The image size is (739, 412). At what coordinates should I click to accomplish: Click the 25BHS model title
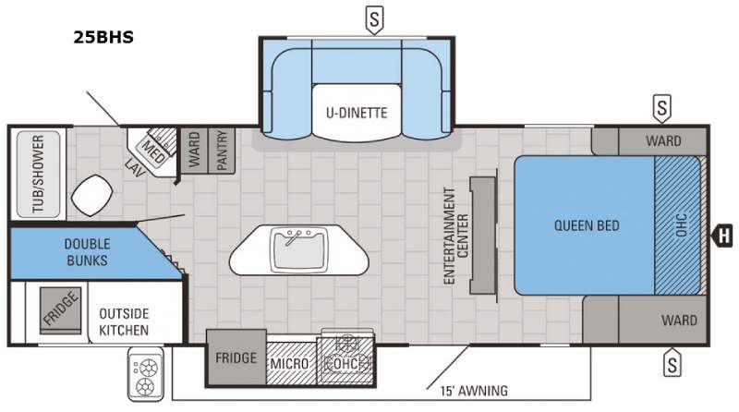click(x=103, y=37)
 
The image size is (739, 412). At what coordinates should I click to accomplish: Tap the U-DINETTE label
click(x=357, y=113)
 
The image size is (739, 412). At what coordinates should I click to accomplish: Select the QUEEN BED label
click(x=587, y=225)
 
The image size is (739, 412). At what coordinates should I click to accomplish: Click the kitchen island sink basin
click(x=298, y=249)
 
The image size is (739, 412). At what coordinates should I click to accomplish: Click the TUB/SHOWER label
click(x=38, y=174)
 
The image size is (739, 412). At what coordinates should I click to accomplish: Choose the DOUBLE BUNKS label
click(x=87, y=252)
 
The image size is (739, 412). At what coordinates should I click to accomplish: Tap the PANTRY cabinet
click(x=222, y=151)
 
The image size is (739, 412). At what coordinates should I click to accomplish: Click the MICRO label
click(x=289, y=364)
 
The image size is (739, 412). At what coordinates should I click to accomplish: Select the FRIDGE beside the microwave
click(x=236, y=357)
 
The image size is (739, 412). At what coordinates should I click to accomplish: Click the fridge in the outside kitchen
click(x=60, y=310)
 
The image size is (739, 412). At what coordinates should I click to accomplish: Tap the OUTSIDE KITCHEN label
click(x=124, y=322)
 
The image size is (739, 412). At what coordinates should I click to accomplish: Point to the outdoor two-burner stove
click(x=146, y=374)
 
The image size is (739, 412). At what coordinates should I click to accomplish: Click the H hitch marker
click(x=722, y=236)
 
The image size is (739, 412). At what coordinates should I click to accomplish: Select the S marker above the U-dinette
click(x=374, y=20)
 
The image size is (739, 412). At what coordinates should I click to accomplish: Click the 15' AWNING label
click(x=474, y=391)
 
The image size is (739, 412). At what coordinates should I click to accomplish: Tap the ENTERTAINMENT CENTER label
click(x=456, y=236)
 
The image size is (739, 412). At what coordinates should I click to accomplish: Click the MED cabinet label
click(x=153, y=151)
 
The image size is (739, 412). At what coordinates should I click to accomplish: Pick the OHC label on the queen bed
click(x=682, y=225)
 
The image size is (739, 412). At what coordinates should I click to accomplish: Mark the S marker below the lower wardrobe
click(x=672, y=362)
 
